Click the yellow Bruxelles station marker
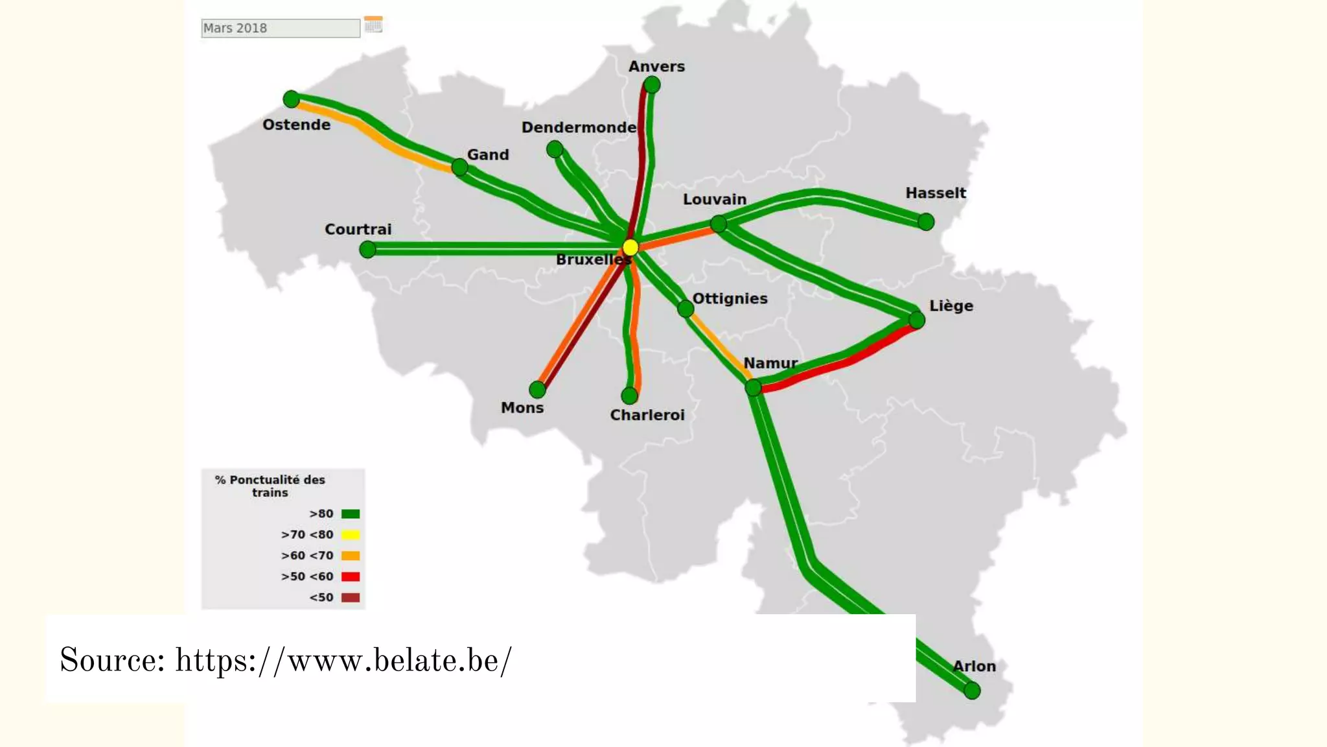point(630,247)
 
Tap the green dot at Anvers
point(652,84)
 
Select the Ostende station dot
point(292,99)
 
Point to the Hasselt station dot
point(926,222)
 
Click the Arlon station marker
point(972,691)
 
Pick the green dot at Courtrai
point(367,249)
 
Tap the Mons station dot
point(537,389)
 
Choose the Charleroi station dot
point(629,396)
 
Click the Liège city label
point(951,305)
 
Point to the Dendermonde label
point(579,127)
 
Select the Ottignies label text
point(730,298)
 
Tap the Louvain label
point(715,199)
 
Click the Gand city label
point(488,154)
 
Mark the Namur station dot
point(753,388)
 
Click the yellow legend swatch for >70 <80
point(351,535)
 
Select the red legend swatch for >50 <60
point(351,576)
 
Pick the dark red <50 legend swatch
point(351,597)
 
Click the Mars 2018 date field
point(280,28)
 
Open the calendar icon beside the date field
point(373,25)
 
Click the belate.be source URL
point(343,660)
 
